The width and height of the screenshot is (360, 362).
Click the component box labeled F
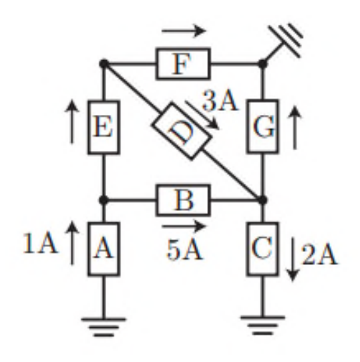pyautogui.click(x=184, y=64)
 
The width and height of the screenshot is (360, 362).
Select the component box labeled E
pyautogui.click(x=104, y=127)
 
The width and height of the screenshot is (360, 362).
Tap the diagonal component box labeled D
pyautogui.click(x=182, y=131)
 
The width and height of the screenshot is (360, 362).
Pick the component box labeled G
pyautogui.click(x=262, y=126)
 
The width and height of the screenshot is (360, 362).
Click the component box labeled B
pyautogui.click(x=184, y=200)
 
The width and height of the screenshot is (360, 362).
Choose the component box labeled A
pyautogui.click(x=104, y=249)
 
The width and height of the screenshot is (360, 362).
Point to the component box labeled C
pyautogui.click(x=262, y=249)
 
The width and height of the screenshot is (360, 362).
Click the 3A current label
pyautogui.click(x=220, y=102)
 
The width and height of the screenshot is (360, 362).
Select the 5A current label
pyautogui.click(x=184, y=250)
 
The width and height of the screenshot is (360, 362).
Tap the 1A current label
pyautogui.click(x=40, y=243)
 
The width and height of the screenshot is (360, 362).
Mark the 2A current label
pyautogui.click(x=319, y=254)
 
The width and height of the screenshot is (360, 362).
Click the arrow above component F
pyautogui.click(x=184, y=31)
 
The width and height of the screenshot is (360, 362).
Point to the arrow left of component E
pyautogui.click(x=72, y=122)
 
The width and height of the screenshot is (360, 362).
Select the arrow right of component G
pyautogui.click(x=295, y=128)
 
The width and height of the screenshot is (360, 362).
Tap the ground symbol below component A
pyautogui.click(x=104, y=327)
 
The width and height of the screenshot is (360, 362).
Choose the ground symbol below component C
pyautogui.click(x=262, y=325)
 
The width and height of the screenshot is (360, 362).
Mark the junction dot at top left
pyautogui.click(x=104, y=63)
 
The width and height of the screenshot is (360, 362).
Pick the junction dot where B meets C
pyautogui.click(x=262, y=200)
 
